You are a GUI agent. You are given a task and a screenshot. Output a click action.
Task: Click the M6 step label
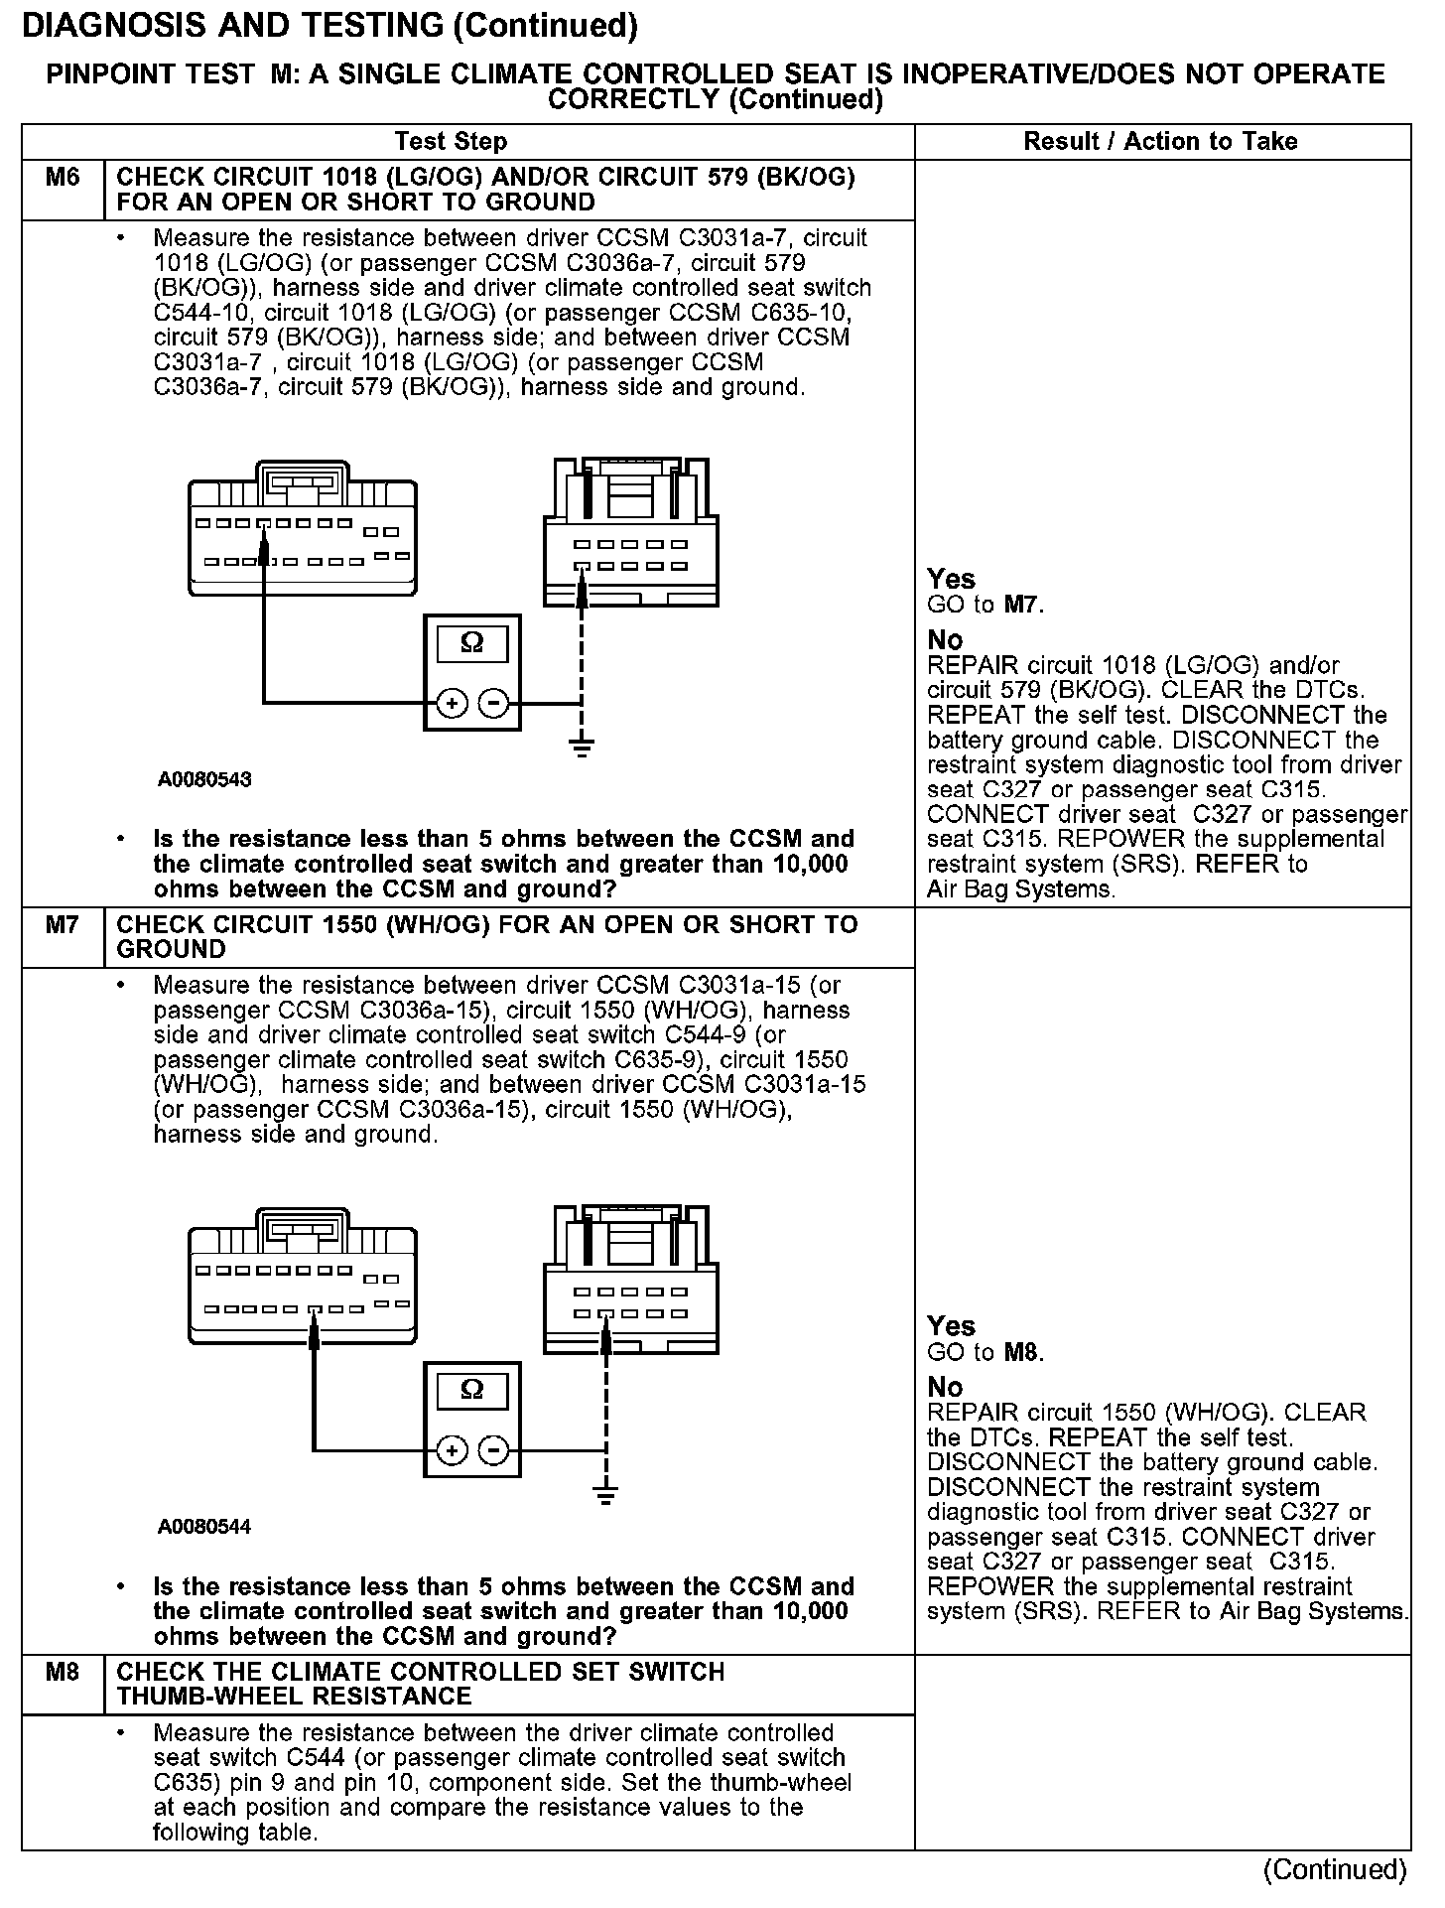(x=63, y=178)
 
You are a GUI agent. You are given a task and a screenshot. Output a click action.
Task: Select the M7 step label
(x=63, y=925)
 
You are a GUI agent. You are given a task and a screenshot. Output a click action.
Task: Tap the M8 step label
(x=63, y=1673)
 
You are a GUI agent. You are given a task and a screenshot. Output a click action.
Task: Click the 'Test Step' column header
(x=451, y=141)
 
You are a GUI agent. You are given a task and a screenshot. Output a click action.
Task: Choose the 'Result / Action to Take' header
(x=1160, y=141)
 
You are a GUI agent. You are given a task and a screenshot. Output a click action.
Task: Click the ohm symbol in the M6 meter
(x=472, y=643)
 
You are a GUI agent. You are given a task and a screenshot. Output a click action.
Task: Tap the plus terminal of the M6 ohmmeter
(x=452, y=704)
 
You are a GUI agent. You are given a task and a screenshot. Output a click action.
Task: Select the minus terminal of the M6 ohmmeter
(x=493, y=704)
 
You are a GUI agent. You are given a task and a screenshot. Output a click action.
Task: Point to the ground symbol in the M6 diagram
(x=582, y=748)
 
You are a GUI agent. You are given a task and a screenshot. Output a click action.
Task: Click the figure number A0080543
(x=204, y=779)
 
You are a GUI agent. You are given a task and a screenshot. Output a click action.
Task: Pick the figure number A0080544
(x=204, y=1527)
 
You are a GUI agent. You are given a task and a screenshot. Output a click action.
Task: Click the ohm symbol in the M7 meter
(x=472, y=1390)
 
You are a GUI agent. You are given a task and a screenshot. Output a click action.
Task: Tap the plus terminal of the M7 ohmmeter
(x=452, y=1450)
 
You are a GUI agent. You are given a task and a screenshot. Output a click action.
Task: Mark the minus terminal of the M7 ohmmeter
(x=493, y=1450)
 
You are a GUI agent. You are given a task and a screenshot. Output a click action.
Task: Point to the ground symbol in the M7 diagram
(x=605, y=1494)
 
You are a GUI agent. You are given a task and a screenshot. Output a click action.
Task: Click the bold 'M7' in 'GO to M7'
(x=1022, y=605)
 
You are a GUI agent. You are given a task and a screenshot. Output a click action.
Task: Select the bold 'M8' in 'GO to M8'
(x=1022, y=1352)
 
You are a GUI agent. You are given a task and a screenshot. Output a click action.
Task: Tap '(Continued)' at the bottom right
(x=1335, y=1870)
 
